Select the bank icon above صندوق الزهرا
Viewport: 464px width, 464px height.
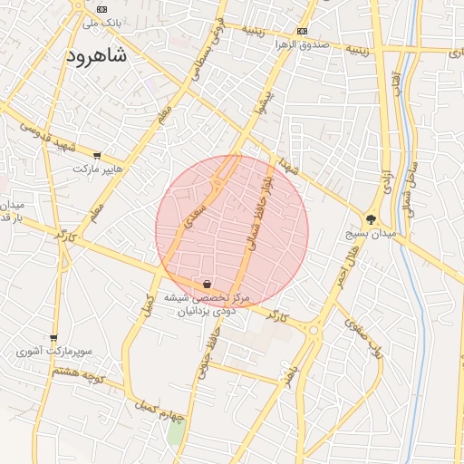click(302, 29)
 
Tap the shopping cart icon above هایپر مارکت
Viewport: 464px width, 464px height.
click(97, 156)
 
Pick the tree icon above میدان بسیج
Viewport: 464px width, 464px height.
click(371, 218)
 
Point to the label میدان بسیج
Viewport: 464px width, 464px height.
click(372, 234)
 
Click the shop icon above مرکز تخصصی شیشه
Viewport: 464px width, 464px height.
click(208, 284)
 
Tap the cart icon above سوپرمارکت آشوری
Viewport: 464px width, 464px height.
click(53, 337)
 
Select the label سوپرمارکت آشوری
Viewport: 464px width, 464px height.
click(54, 351)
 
